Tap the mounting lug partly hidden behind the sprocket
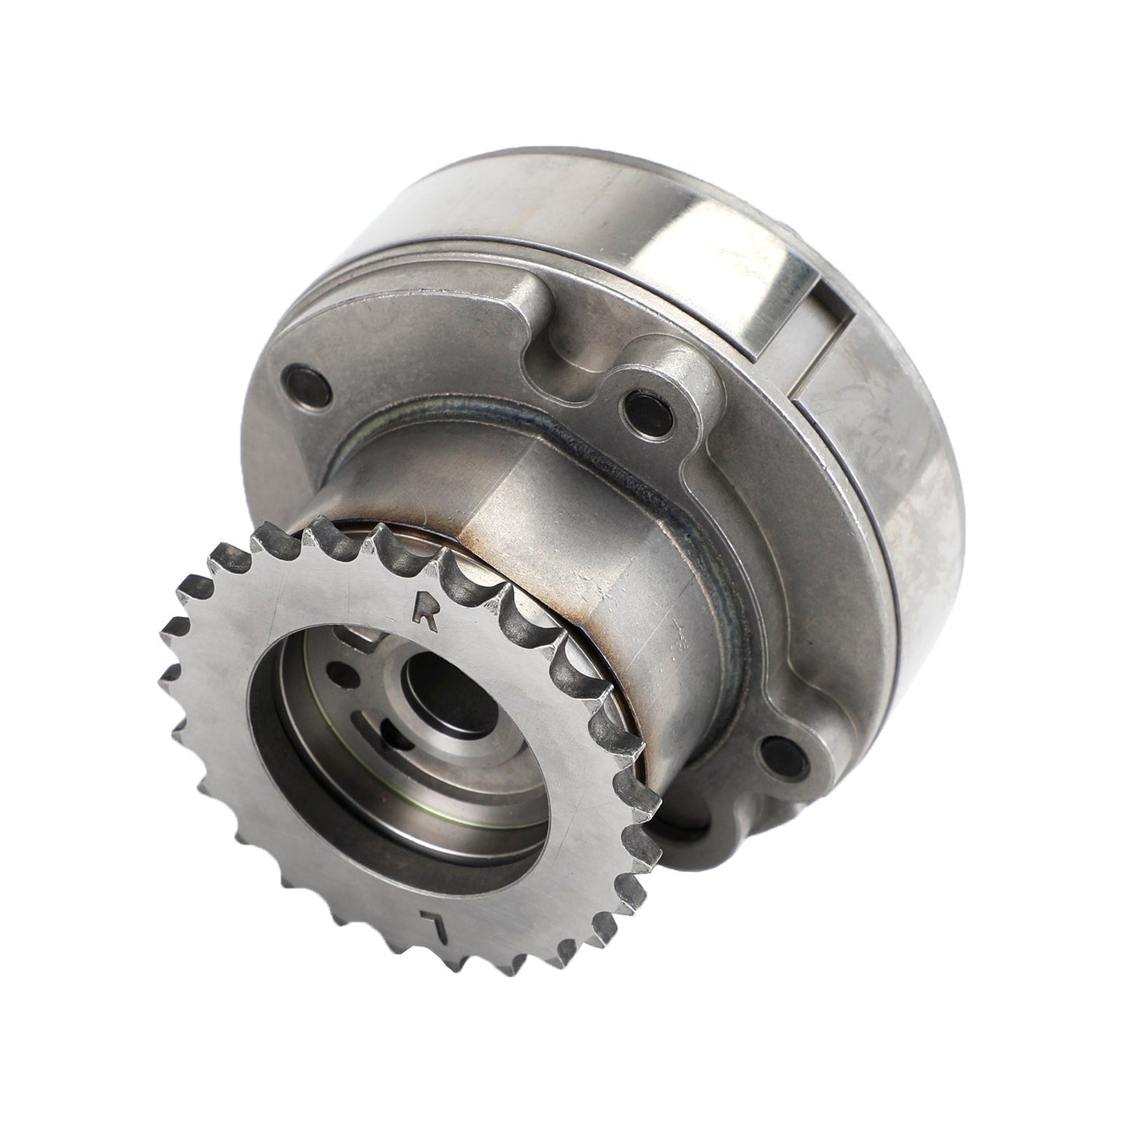(x=684, y=832)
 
